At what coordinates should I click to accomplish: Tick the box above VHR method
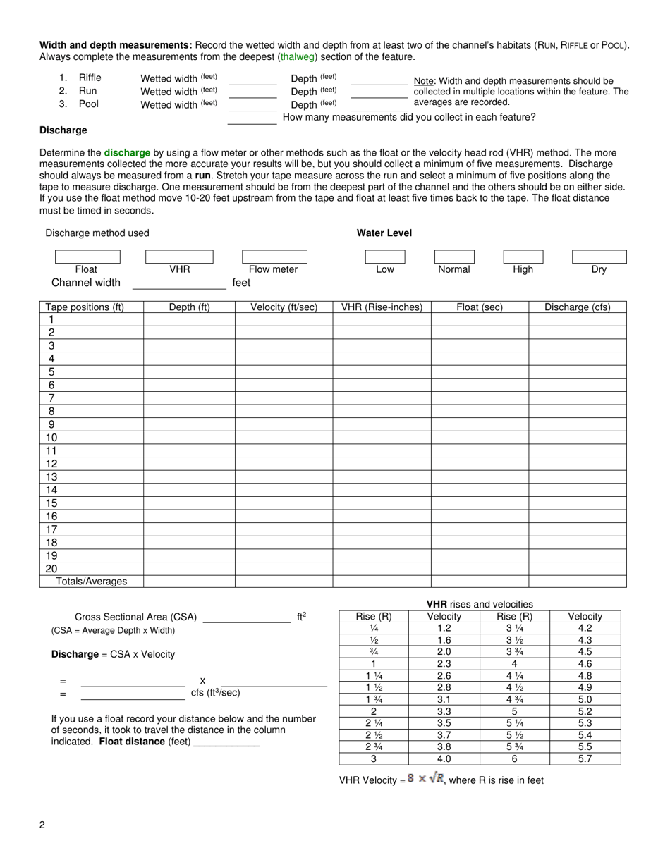tap(179, 257)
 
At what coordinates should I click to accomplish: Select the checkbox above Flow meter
tap(274, 257)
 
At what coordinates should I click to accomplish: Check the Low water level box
tap(385, 257)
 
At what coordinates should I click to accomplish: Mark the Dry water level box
tap(599, 257)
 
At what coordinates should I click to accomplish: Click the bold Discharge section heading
tap(63, 130)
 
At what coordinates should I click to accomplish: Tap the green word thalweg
tap(298, 56)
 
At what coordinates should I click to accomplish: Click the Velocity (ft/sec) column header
tap(284, 307)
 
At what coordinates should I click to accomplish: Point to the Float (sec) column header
tap(480, 307)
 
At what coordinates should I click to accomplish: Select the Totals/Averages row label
tap(92, 582)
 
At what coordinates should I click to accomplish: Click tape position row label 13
tap(51, 477)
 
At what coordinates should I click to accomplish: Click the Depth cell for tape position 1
tap(189, 320)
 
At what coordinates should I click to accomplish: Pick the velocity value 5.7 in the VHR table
tap(585, 759)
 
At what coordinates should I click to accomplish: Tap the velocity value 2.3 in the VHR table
tap(444, 663)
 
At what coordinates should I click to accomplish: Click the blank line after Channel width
tap(179, 285)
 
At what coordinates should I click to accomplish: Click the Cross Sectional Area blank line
tap(247, 619)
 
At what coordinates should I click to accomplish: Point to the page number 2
tap(42, 825)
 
